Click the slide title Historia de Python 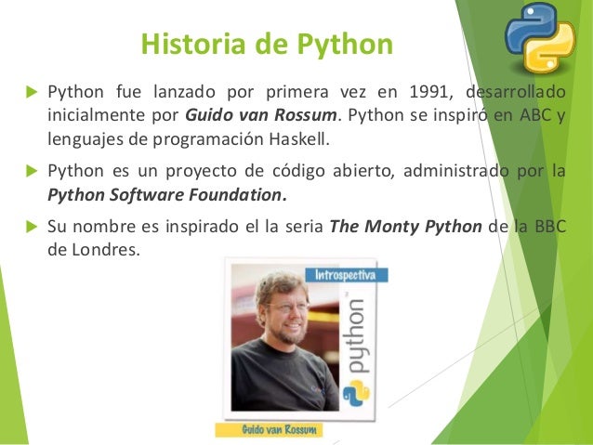click(x=266, y=45)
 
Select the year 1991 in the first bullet click(x=420, y=93)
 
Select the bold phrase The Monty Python click(x=406, y=228)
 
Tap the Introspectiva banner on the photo click(x=345, y=275)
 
